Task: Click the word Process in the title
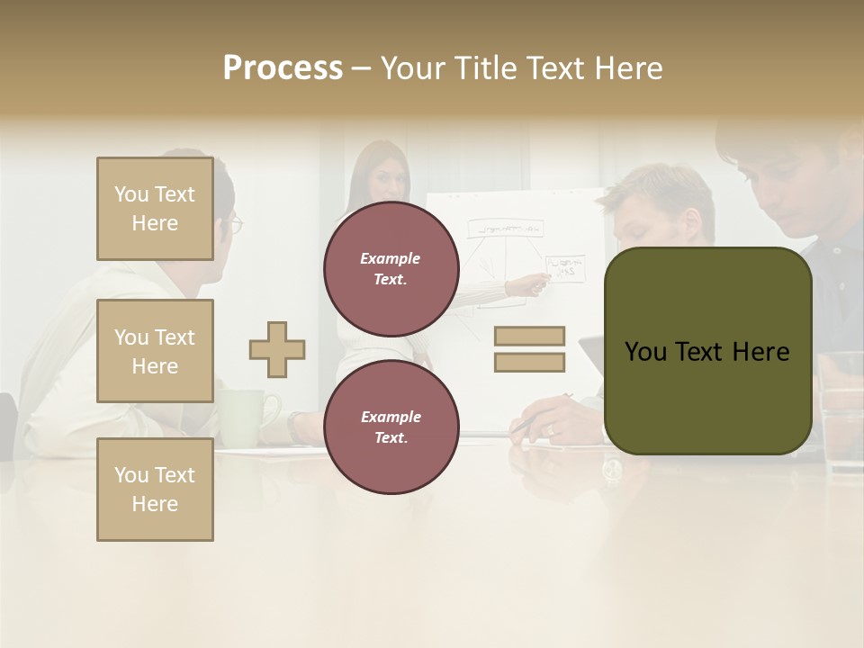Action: (x=283, y=68)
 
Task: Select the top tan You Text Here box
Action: (x=155, y=209)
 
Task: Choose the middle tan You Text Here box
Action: (x=155, y=351)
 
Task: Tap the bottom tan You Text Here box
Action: (x=155, y=490)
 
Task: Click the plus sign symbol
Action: (x=277, y=349)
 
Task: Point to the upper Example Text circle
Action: (x=391, y=268)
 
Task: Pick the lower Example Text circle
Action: (x=391, y=427)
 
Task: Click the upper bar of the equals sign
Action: (x=529, y=337)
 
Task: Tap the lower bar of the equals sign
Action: (x=529, y=362)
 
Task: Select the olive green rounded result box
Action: (x=707, y=351)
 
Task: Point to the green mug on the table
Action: (x=236, y=414)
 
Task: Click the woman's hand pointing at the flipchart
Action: (x=538, y=285)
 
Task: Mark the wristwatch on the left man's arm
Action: (x=294, y=425)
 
